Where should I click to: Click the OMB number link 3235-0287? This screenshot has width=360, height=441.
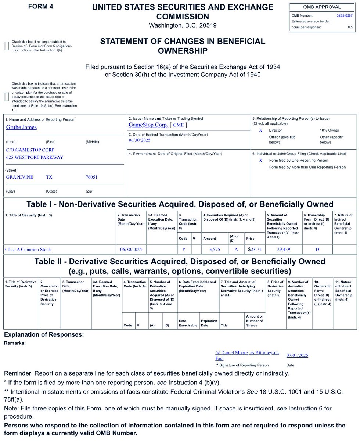(x=344, y=15)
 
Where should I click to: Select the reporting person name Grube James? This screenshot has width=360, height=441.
(x=21, y=127)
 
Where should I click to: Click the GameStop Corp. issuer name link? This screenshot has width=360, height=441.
(x=148, y=125)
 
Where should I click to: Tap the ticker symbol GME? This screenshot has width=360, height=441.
(x=178, y=125)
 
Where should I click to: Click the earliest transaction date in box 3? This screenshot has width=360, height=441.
(x=140, y=140)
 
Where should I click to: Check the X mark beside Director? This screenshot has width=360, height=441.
(x=260, y=130)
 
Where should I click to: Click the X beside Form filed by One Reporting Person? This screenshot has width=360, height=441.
(x=260, y=161)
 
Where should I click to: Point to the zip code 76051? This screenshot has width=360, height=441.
(x=91, y=177)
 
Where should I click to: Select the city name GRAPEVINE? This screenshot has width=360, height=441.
(x=19, y=177)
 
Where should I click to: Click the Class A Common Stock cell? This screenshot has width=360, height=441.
(x=28, y=250)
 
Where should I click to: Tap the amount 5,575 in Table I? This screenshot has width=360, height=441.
(x=214, y=250)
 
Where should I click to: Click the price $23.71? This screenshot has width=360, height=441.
(x=255, y=250)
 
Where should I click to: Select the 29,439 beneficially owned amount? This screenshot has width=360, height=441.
(x=284, y=250)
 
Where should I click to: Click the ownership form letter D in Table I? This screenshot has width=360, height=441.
(x=317, y=250)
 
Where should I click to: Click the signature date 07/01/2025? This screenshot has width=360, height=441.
(x=297, y=355)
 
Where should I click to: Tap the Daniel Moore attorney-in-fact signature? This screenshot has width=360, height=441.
(x=246, y=355)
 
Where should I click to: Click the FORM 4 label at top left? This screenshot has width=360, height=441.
(x=40, y=6)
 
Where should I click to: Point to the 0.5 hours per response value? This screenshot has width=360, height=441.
(x=350, y=27)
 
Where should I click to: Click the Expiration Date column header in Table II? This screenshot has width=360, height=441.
(x=209, y=323)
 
